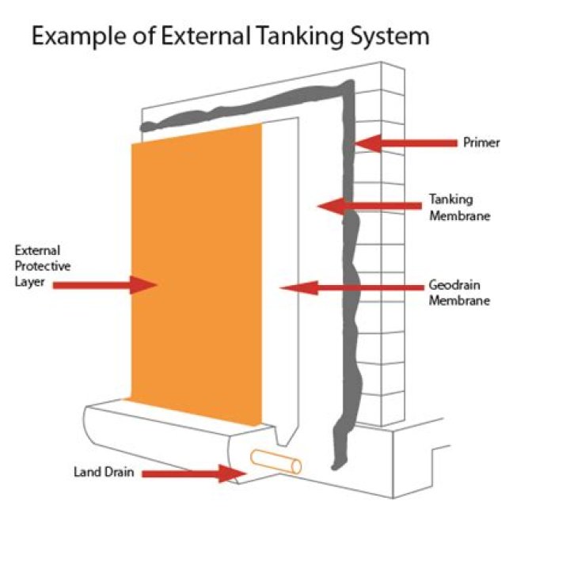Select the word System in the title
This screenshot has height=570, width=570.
[389, 36]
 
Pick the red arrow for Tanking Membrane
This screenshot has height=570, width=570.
[368, 206]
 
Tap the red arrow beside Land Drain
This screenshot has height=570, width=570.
[194, 473]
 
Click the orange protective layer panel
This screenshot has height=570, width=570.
[195, 269]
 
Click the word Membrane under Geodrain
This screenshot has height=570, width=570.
[459, 301]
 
